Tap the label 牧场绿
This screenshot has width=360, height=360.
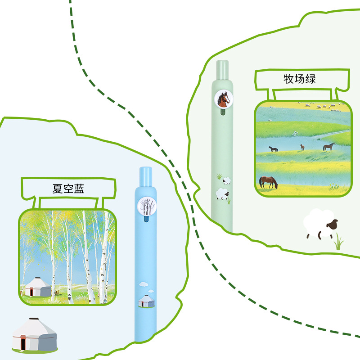tap(300, 79)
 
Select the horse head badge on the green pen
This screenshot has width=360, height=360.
tap(222, 99)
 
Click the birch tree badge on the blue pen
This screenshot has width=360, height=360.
tap(146, 207)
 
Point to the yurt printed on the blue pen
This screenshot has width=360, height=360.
tap(146, 301)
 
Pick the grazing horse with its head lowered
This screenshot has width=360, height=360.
tap(268, 182)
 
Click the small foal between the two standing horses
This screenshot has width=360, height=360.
tap(302, 147)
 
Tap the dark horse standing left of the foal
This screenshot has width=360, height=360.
tap(273, 149)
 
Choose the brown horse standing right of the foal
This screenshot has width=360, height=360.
tap(329, 147)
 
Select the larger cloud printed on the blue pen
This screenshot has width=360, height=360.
tap(143, 284)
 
